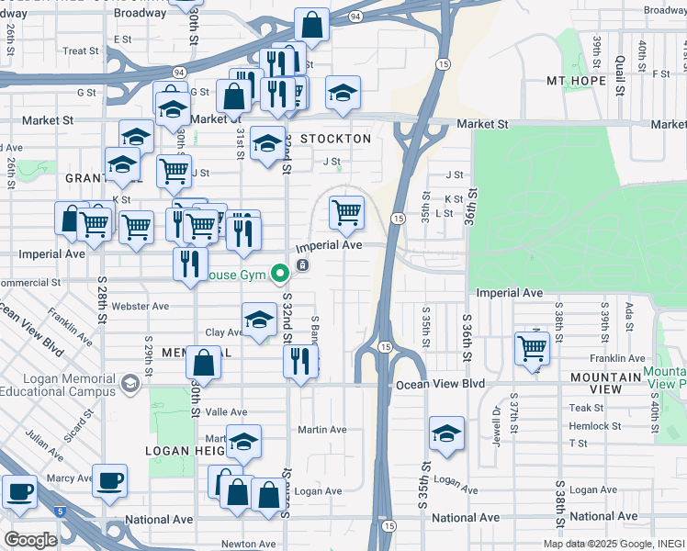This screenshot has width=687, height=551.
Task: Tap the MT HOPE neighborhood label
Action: click(577, 81)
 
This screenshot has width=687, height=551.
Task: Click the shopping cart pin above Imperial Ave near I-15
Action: click(346, 212)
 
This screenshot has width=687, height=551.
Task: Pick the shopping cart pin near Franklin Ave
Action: click(532, 348)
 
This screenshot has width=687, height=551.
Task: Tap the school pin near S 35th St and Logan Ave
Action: click(446, 433)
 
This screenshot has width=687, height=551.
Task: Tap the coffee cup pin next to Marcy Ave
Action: click(110, 480)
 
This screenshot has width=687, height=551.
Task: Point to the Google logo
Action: click(31, 539)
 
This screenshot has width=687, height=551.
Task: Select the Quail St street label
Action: click(620, 72)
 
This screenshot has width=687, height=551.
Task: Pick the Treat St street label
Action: click(81, 51)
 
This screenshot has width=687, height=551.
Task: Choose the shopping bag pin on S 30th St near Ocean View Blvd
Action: click(204, 362)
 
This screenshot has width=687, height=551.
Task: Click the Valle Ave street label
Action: click(226, 412)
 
